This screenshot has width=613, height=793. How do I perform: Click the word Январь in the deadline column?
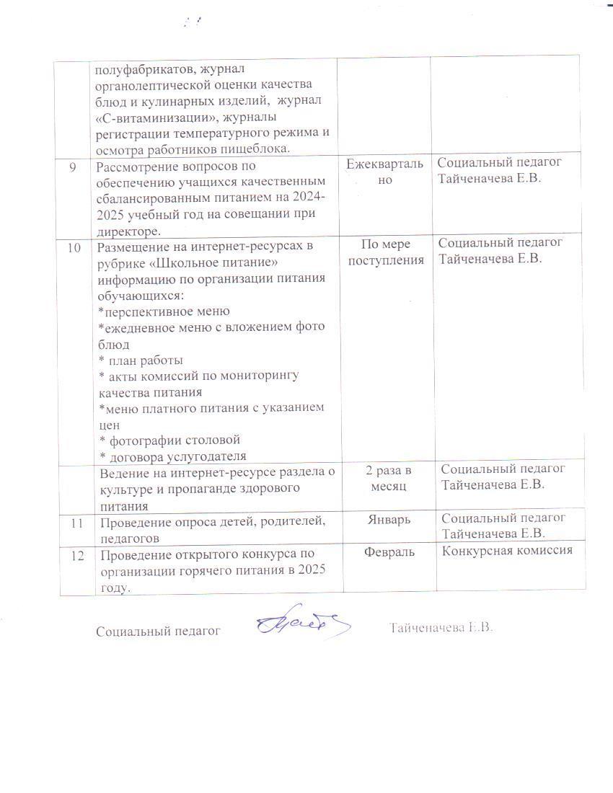coord(386,519)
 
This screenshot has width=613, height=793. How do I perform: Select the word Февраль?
coord(386,552)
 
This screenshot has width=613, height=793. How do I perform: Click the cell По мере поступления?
coord(386,252)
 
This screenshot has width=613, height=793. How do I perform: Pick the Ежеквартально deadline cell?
coord(386,172)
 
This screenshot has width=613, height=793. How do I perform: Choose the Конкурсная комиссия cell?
coord(507,551)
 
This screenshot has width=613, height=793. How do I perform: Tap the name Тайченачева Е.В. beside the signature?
coord(441,628)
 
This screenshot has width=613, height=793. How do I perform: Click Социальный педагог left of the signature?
coord(158,632)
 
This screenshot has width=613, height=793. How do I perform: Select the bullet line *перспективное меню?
coord(164,311)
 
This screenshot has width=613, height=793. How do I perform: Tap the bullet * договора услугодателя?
coord(172,456)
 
